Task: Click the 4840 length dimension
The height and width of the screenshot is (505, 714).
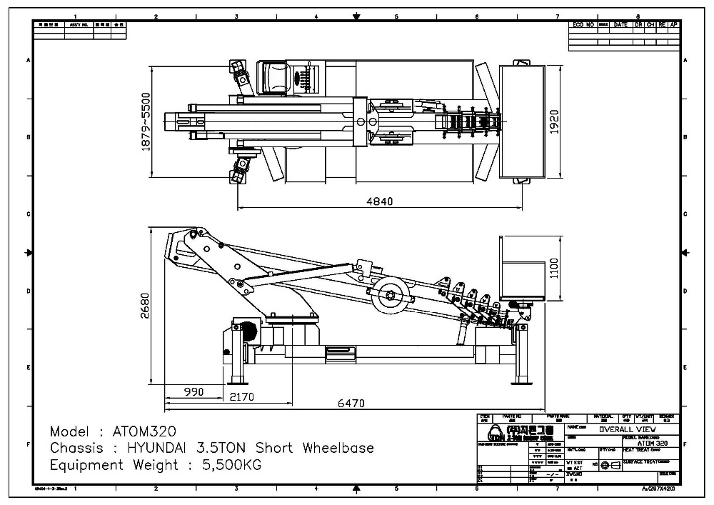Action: (x=379, y=201)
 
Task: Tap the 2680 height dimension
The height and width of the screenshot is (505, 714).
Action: (x=145, y=306)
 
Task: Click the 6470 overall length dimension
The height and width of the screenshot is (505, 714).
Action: (x=351, y=403)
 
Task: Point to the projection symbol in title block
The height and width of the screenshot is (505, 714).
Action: (x=609, y=465)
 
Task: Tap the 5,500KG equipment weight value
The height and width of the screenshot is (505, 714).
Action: (x=223, y=466)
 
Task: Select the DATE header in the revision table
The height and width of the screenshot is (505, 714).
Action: (x=620, y=25)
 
